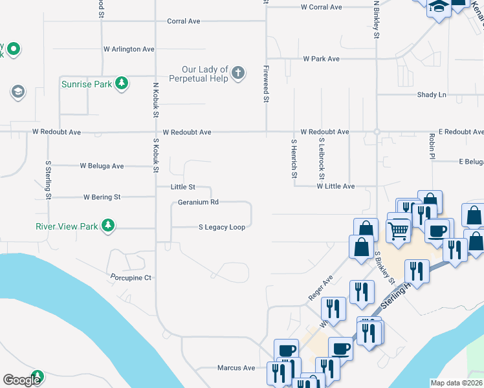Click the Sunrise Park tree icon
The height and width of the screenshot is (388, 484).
121,83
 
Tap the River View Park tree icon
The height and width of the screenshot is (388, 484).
109,226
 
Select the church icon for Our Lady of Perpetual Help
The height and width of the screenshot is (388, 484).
238,72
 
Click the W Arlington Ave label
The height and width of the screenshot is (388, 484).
129,49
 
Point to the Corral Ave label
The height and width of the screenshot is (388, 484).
184,21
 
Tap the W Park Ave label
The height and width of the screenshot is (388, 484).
322,59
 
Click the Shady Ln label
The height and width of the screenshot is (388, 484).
432,95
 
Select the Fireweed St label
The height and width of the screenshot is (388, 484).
266,83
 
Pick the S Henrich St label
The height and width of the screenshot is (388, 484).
294,158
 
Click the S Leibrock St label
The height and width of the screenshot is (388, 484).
321,158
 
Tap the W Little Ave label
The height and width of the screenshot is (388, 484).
335,186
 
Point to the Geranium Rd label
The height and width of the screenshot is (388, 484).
199,202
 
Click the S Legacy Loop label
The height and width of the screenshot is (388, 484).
222,228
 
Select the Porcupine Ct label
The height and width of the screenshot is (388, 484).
130,278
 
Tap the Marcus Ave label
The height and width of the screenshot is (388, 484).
236,368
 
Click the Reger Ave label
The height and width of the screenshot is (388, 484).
320,288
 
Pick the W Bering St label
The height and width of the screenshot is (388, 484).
102,197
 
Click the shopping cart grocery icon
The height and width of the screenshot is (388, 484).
399,229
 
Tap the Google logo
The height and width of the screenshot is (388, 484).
21,380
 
